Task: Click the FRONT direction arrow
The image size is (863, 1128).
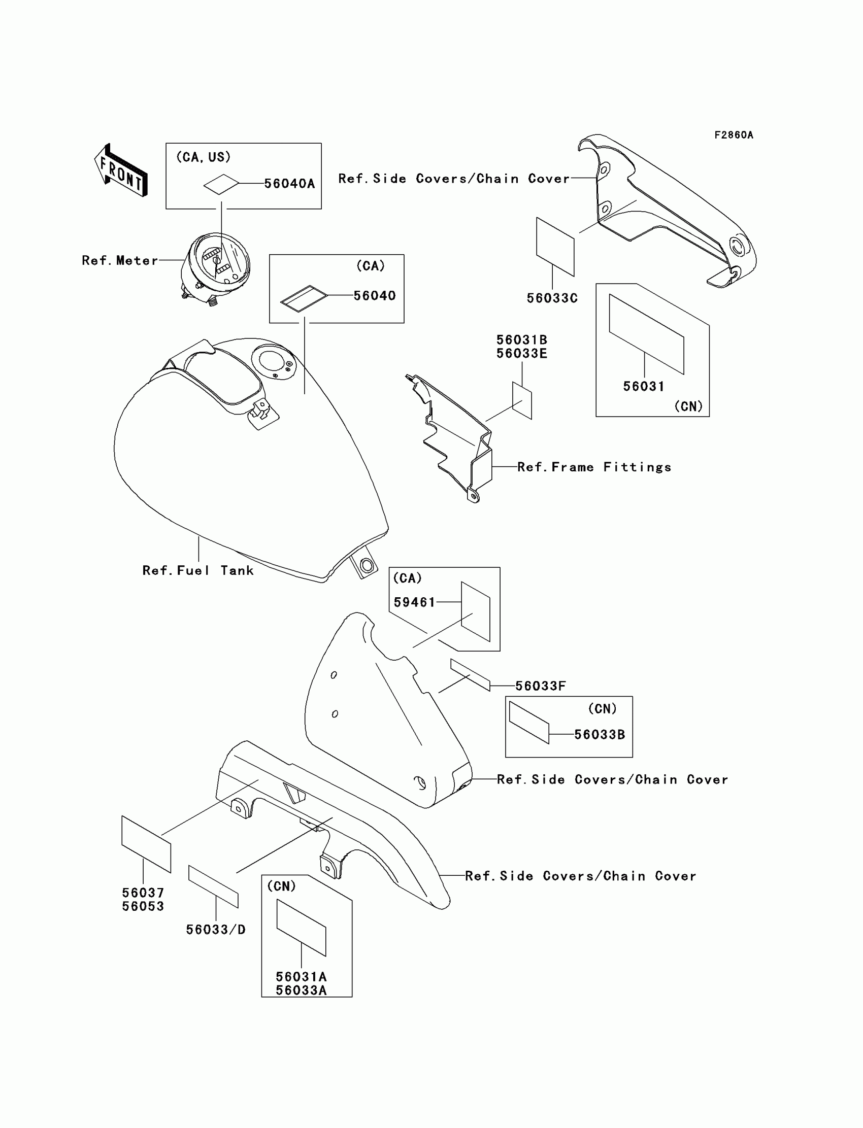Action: click(121, 170)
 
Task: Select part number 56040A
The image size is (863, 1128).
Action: click(289, 184)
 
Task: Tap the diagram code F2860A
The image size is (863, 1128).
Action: click(734, 135)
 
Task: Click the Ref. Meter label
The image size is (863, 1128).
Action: click(120, 261)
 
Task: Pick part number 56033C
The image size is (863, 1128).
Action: click(552, 298)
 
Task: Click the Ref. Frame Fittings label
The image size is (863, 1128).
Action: click(594, 467)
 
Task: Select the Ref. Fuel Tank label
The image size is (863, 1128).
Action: click(198, 570)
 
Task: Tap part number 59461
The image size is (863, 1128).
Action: click(414, 602)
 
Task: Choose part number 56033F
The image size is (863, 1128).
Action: click(541, 686)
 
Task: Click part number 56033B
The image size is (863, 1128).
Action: click(600, 735)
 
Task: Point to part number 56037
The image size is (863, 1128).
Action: click(143, 893)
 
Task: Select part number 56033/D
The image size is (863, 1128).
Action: click(216, 929)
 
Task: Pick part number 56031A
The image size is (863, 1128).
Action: click(301, 977)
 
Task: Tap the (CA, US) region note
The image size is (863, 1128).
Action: click(204, 157)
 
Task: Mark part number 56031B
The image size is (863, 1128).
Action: click(521, 340)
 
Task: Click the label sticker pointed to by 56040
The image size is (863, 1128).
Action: click(304, 299)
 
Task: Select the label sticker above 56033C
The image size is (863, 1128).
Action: click(555, 247)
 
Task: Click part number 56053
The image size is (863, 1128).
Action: click(143, 907)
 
